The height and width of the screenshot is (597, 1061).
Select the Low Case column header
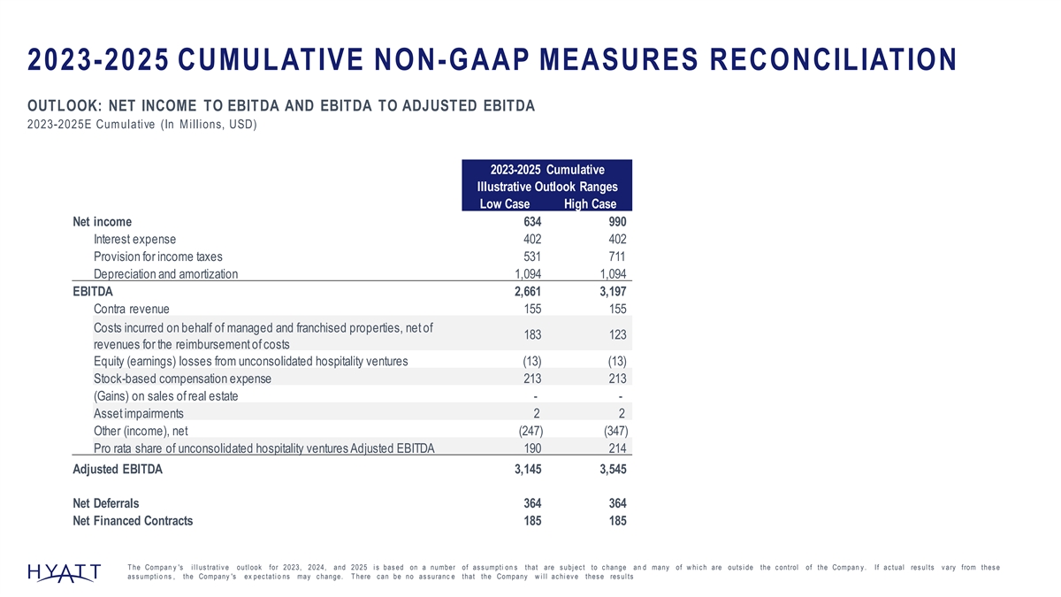click(504, 204)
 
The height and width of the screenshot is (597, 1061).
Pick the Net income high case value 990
click(615, 222)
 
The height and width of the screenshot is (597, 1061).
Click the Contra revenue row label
click(131, 309)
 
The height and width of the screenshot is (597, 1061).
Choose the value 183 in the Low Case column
click(531, 336)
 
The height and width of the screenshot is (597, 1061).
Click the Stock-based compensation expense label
click(182, 379)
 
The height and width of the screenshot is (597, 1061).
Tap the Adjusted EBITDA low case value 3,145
click(523, 471)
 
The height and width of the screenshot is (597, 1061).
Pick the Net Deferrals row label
click(105, 503)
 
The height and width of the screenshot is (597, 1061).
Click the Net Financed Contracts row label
click(133, 521)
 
